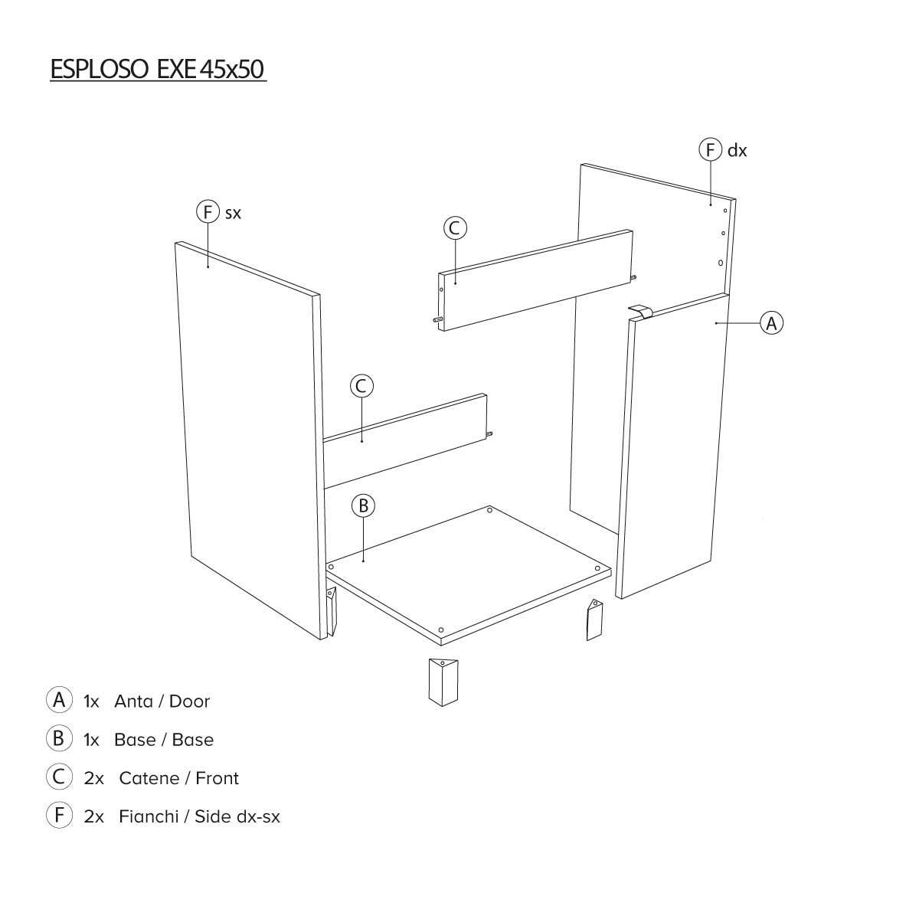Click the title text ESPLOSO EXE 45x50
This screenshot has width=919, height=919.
coord(158,69)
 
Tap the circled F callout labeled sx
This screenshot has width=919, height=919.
coord(208,211)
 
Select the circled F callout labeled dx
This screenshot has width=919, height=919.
coord(711,150)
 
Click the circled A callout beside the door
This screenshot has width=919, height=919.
coord(771,323)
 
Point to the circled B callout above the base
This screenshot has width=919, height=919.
coord(363,505)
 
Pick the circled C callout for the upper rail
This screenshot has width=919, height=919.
coord(455,228)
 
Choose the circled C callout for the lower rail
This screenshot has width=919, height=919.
coord(361,386)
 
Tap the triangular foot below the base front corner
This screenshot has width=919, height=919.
coord(443,682)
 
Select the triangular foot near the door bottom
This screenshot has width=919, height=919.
coord(594,620)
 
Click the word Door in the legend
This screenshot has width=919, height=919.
coord(189,702)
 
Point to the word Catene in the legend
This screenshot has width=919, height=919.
coord(149,778)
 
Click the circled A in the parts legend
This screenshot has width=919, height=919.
coord(59,700)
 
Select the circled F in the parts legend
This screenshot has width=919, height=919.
coord(59,815)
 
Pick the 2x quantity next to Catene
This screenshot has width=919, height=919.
coord(94,778)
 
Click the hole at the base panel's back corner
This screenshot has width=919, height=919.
coord(490,510)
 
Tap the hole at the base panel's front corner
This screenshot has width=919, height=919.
coord(440,630)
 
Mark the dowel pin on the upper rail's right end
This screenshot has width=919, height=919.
coord(634,276)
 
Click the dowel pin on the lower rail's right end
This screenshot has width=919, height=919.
coord(489,433)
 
